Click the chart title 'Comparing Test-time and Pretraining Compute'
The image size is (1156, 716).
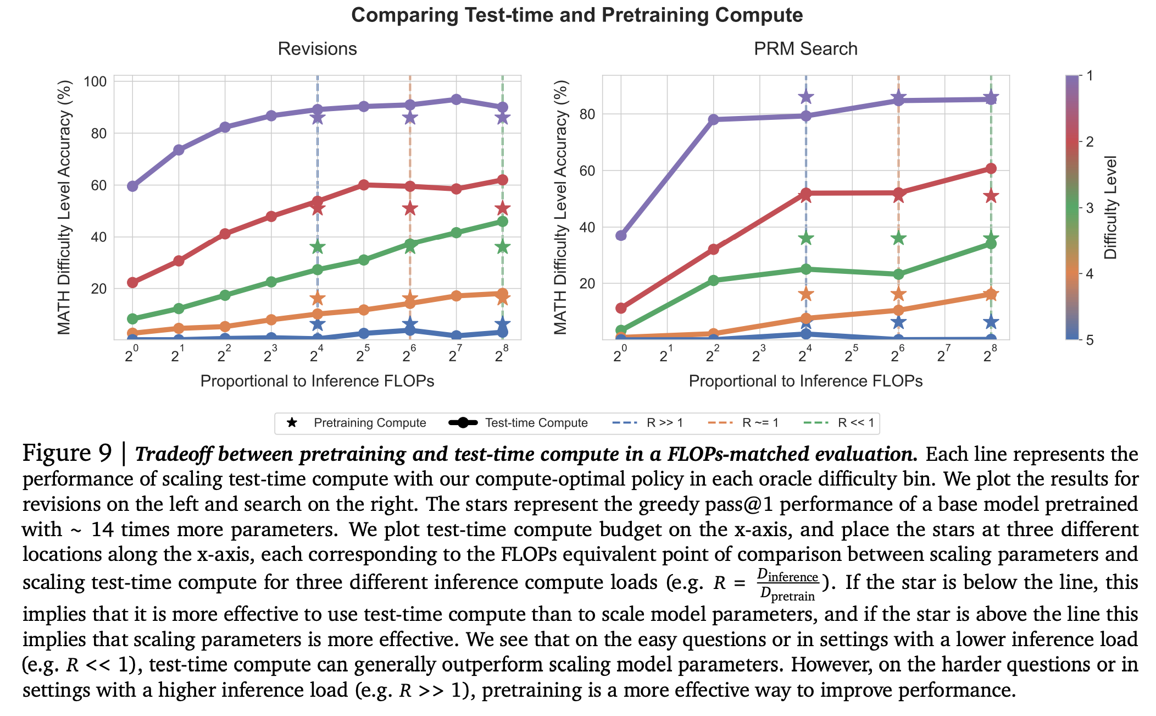click(x=577, y=15)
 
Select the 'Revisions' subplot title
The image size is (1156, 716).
click(x=317, y=49)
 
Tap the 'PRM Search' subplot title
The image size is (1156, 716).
click(x=805, y=49)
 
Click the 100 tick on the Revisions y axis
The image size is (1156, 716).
click(x=95, y=82)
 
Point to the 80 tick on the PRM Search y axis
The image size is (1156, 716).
click(x=587, y=114)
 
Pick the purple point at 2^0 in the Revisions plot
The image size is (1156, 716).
click(x=132, y=186)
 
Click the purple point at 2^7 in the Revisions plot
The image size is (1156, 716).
click(x=456, y=100)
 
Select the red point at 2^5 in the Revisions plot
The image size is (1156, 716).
click(x=364, y=185)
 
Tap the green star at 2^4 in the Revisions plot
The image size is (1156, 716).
click(x=318, y=247)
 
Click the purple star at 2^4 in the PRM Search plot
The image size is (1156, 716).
click(x=806, y=97)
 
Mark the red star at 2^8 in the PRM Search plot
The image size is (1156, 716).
click(x=991, y=196)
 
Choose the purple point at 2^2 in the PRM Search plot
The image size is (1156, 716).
click(x=713, y=119)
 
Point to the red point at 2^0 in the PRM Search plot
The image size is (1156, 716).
click(x=621, y=308)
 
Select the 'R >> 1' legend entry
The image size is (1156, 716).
click(x=648, y=423)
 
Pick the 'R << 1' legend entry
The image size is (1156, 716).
click(x=840, y=423)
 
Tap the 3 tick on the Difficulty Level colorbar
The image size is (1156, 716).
click(x=1090, y=208)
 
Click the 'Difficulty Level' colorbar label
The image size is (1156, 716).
click(x=1110, y=207)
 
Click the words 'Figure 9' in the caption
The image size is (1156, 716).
click(x=67, y=453)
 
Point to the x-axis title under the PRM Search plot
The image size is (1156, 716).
click(x=805, y=381)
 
